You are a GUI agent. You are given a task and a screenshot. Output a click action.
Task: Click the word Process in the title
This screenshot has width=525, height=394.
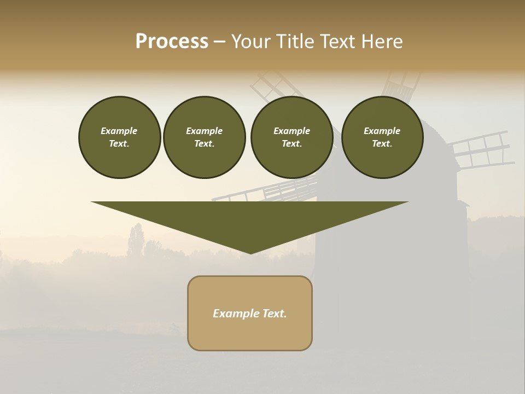tap(172, 42)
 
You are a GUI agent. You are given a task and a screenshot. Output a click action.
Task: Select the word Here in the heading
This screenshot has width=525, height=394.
tap(382, 42)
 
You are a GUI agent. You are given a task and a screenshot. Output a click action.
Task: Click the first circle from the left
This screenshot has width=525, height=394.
tap(119, 137)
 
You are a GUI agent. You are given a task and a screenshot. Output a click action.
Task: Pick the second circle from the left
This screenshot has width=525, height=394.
tap(204, 137)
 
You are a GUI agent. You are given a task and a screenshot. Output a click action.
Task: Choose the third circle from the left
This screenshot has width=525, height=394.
tap(291, 137)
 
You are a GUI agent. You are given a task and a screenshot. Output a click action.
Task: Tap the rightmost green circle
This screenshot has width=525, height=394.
tap(382, 137)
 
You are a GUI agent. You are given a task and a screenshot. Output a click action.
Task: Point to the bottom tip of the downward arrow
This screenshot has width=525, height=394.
tap(250, 253)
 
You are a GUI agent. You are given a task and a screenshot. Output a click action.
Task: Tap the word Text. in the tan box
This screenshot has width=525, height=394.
tap(275, 314)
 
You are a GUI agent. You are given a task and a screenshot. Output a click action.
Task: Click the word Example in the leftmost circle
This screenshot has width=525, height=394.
tap(119, 131)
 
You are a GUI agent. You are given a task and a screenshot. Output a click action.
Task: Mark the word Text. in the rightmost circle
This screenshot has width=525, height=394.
tap(382, 144)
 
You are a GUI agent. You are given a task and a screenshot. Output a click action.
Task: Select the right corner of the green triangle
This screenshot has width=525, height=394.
tap(407, 202)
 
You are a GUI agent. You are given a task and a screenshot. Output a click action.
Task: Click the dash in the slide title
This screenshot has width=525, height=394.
tap(220, 42)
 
